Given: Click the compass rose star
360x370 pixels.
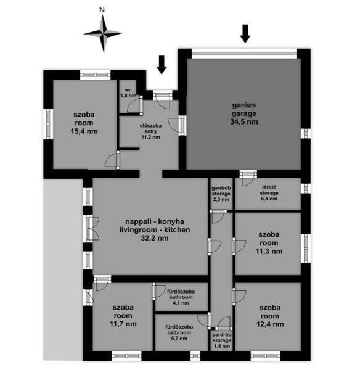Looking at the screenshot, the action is pos(103,33).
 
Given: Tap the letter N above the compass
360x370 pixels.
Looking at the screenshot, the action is pos(102,10).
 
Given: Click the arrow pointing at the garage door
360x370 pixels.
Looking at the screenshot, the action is pos(245,34).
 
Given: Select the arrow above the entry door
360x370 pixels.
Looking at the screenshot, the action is pos(162,65).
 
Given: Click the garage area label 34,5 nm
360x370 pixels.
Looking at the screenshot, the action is pos(244,121).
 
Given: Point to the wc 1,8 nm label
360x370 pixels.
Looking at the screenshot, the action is pos(128,93).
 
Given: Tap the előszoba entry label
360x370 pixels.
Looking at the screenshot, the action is pos(150,131).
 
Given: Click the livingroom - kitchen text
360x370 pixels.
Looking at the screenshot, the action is pos(155,229).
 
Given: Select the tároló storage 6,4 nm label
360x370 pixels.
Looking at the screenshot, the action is pos(269,193).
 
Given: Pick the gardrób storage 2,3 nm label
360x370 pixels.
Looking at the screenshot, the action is pos(221,194).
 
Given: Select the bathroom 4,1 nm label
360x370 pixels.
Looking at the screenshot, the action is pos(181,297).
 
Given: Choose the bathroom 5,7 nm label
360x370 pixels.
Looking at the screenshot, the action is pos(179,332).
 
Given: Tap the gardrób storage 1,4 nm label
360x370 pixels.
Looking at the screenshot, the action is pos(222,340).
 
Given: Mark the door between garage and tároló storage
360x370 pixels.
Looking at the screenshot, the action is pos(248,178).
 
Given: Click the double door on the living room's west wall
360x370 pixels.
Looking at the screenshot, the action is pos(92,229).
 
